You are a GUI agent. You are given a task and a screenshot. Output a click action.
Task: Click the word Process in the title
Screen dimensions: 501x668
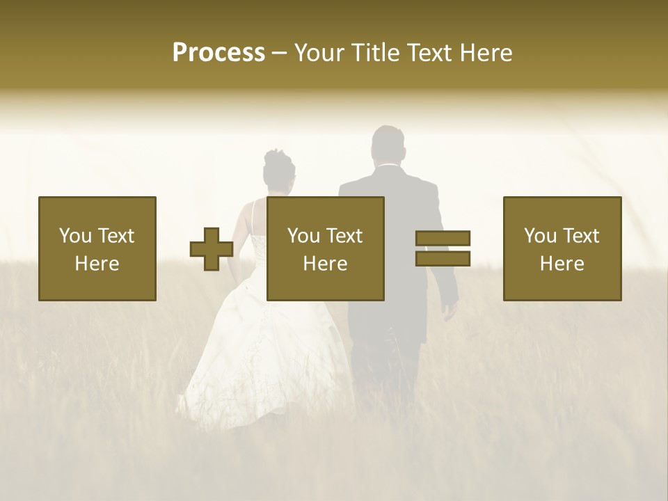pyautogui.click(x=218, y=53)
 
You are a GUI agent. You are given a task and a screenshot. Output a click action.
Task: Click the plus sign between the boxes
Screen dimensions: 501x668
pyautogui.click(x=212, y=249)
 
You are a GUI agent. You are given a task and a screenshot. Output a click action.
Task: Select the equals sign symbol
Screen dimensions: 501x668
pyautogui.click(x=443, y=248)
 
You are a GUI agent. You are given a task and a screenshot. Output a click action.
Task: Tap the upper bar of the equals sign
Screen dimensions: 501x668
pyautogui.click(x=443, y=239)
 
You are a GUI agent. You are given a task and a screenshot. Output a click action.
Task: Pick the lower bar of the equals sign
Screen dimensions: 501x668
pyautogui.click(x=443, y=259)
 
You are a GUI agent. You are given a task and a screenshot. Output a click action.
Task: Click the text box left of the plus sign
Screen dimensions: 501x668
pyautogui.click(x=97, y=248)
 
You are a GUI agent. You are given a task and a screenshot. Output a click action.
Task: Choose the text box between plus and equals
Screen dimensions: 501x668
pyautogui.click(x=325, y=248)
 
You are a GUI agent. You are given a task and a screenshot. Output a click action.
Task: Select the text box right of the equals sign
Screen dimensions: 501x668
pyautogui.click(x=562, y=248)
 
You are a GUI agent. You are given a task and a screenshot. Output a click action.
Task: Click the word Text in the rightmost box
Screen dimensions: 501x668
pyautogui.click(x=580, y=236)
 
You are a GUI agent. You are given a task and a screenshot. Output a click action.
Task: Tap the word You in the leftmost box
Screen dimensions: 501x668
pyautogui.click(x=74, y=236)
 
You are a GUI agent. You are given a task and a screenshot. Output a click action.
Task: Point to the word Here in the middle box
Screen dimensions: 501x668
pyautogui.click(x=325, y=263)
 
